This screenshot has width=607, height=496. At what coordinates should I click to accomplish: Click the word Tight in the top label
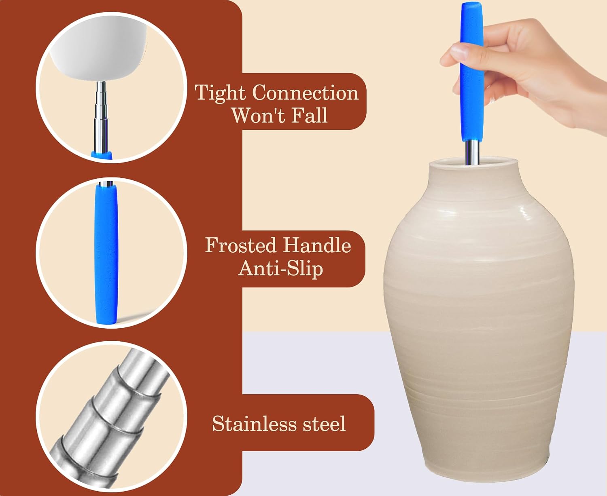[220, 93]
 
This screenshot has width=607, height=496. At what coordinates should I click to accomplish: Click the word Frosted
[241, 245]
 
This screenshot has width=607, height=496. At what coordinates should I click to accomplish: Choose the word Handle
[316, 245]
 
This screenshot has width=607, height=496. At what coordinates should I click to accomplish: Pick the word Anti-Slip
[280, 269]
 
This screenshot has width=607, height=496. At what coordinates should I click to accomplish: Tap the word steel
[324, 424]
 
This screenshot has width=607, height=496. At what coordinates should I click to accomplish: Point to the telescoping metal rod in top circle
[101, 116]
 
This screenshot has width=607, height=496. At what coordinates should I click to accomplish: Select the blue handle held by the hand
[472, 72]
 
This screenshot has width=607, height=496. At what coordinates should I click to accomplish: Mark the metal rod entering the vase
[472, 152]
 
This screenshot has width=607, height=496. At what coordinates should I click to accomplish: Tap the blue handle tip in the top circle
[102, 155]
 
